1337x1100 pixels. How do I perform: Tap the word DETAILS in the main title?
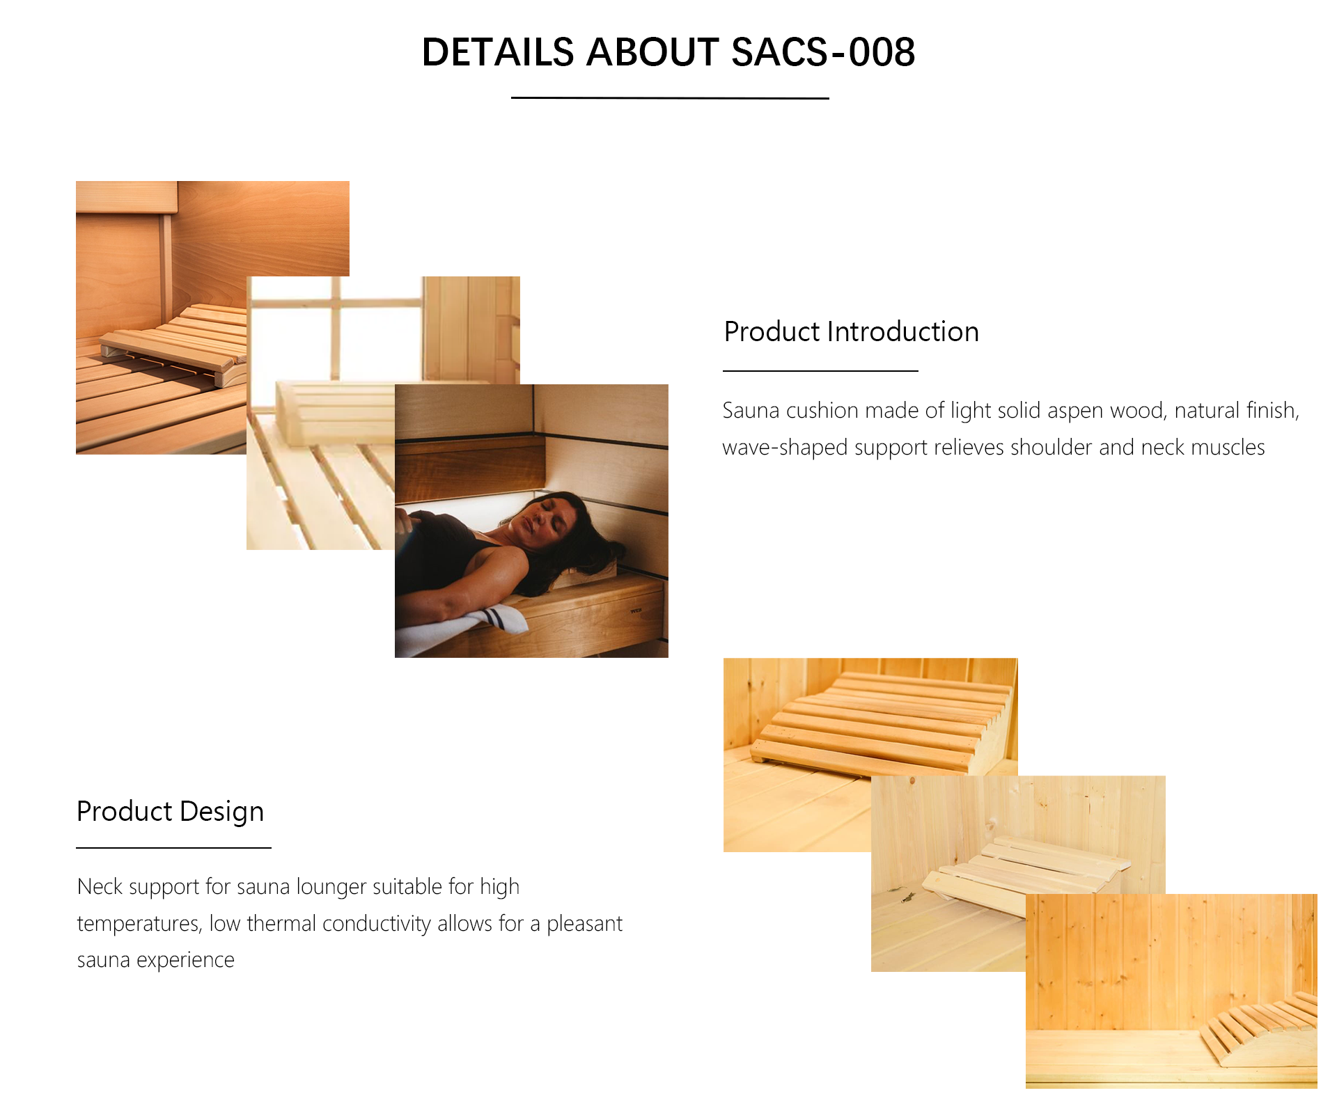coord(498,52)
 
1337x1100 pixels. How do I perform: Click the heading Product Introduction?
coord(851,332)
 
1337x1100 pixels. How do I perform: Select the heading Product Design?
coord(170,812)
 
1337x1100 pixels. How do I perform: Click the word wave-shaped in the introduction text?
coord(785,448)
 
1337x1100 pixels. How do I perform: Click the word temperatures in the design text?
coord(139,924)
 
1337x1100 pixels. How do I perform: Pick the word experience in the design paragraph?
coord(185,961)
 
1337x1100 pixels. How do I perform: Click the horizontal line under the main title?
coord(670,98)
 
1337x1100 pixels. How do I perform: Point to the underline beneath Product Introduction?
coord(820,371)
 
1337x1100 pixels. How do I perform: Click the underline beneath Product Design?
coord(173,848)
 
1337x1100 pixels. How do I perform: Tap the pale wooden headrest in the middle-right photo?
coord(1024,870)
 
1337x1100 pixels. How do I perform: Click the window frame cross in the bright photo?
coord(336,304)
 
